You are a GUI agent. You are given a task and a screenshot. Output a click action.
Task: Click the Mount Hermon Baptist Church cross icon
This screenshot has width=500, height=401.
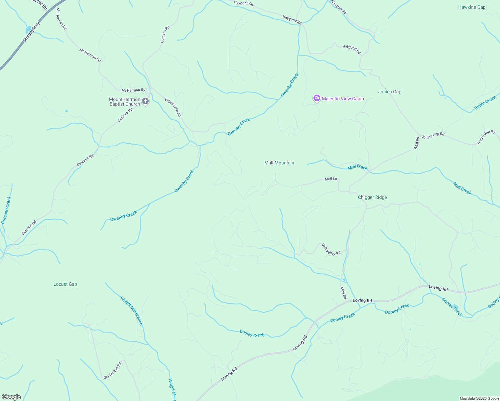(145, 101)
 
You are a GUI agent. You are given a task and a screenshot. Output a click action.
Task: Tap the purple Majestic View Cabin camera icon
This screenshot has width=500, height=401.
(317, 98)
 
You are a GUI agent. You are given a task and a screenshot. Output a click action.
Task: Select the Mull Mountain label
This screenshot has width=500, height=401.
(279, 163)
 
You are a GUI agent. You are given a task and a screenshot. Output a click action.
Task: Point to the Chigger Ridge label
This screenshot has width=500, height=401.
(372, 197)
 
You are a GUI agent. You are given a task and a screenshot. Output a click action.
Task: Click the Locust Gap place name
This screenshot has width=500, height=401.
(65, 284)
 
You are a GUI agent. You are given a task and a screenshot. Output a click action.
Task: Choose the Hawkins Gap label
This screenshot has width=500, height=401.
(472, 7)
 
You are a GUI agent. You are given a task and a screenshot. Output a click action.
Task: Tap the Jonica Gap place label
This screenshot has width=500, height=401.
(389, 92)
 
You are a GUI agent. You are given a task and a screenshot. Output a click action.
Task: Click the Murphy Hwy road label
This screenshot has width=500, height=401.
(31, 32)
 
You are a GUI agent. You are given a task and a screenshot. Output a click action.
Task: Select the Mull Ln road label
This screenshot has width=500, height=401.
(331, 179)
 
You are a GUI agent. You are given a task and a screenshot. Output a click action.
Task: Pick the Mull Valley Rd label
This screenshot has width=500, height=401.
(331, 249)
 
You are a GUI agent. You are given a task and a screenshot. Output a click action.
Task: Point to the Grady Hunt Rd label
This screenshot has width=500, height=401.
(112, 371)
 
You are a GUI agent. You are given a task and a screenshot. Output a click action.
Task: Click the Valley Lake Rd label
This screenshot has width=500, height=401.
(173, 107)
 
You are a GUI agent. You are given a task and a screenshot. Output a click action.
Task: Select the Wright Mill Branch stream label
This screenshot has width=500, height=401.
(132, 311)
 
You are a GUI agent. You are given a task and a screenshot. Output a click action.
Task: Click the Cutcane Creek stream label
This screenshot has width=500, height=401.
(6, 210)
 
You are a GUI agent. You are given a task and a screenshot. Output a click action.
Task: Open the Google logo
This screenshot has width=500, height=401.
(11, 397)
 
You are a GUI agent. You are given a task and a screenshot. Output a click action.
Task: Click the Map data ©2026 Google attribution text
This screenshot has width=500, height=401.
(479, 398)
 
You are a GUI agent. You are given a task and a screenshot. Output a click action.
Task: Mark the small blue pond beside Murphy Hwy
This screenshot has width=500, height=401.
(28, 30)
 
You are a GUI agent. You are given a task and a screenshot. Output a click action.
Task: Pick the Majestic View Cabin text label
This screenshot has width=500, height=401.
(343, 99)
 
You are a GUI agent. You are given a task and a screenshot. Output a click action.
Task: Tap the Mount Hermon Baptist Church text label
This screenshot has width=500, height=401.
(125, 102)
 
